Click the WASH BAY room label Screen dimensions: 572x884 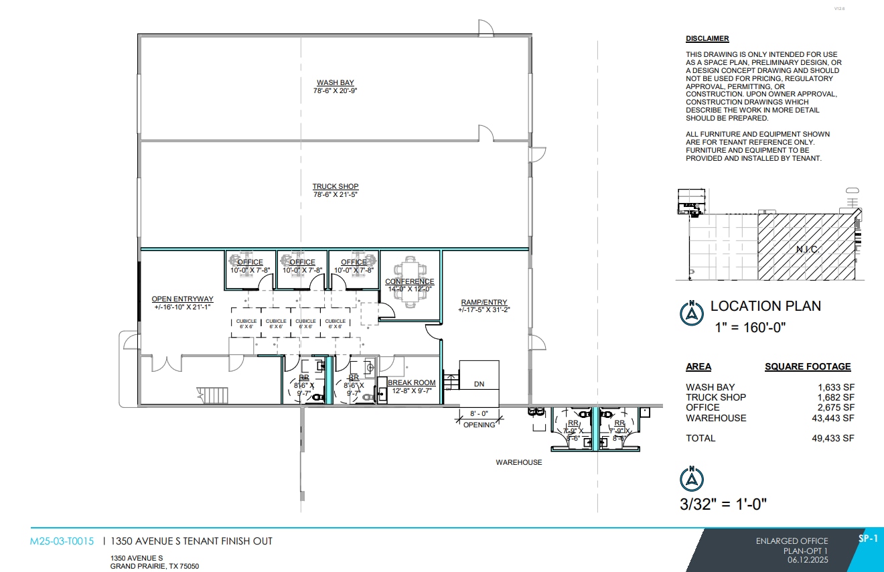(336, 83)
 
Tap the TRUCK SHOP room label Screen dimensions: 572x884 (336, 187)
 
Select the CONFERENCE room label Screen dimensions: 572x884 (410, 282)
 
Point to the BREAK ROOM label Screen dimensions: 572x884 (412, 383)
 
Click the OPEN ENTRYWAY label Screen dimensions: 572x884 (182, 299)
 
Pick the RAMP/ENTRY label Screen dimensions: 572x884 (484, 302)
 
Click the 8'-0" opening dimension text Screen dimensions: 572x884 (479, 414)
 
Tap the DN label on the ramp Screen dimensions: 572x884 (479, 384)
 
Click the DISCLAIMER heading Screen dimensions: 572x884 (707, 39)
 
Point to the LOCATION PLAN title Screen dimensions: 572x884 (765, 306)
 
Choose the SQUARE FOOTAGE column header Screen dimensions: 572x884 (808, 367)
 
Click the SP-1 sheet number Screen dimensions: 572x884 (867, 539)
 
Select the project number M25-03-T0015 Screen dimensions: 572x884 (62, 541)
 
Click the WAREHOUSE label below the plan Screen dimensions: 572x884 (518, 462)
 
